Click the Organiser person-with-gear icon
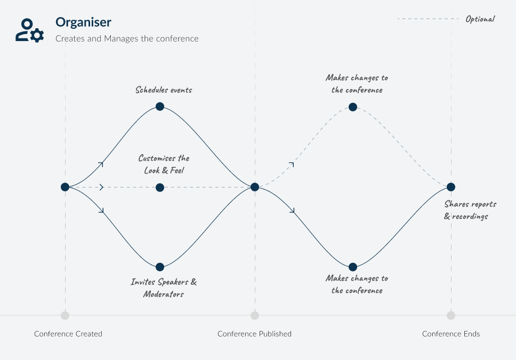coord(29,30)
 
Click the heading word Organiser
coord(83,22)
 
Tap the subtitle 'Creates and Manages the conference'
coord(127,38)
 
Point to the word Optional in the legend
coord(480,19)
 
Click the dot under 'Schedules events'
coord(160,106)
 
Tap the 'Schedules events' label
coord(163,90)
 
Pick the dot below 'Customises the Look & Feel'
coord(160,187)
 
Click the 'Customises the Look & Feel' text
coord(164,164)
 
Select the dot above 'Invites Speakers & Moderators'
coord(160,267)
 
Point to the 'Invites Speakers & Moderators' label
coord(164,288)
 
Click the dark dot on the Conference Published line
coord(255,187)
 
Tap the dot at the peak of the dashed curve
coord(352,106)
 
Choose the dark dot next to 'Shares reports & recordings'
coord(451,187)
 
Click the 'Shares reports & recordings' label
coord(470,210)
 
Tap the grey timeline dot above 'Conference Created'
coord(65,315)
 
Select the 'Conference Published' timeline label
coord(254,334)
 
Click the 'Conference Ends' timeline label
coord(451,334)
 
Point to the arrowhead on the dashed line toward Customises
coord(101,187)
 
